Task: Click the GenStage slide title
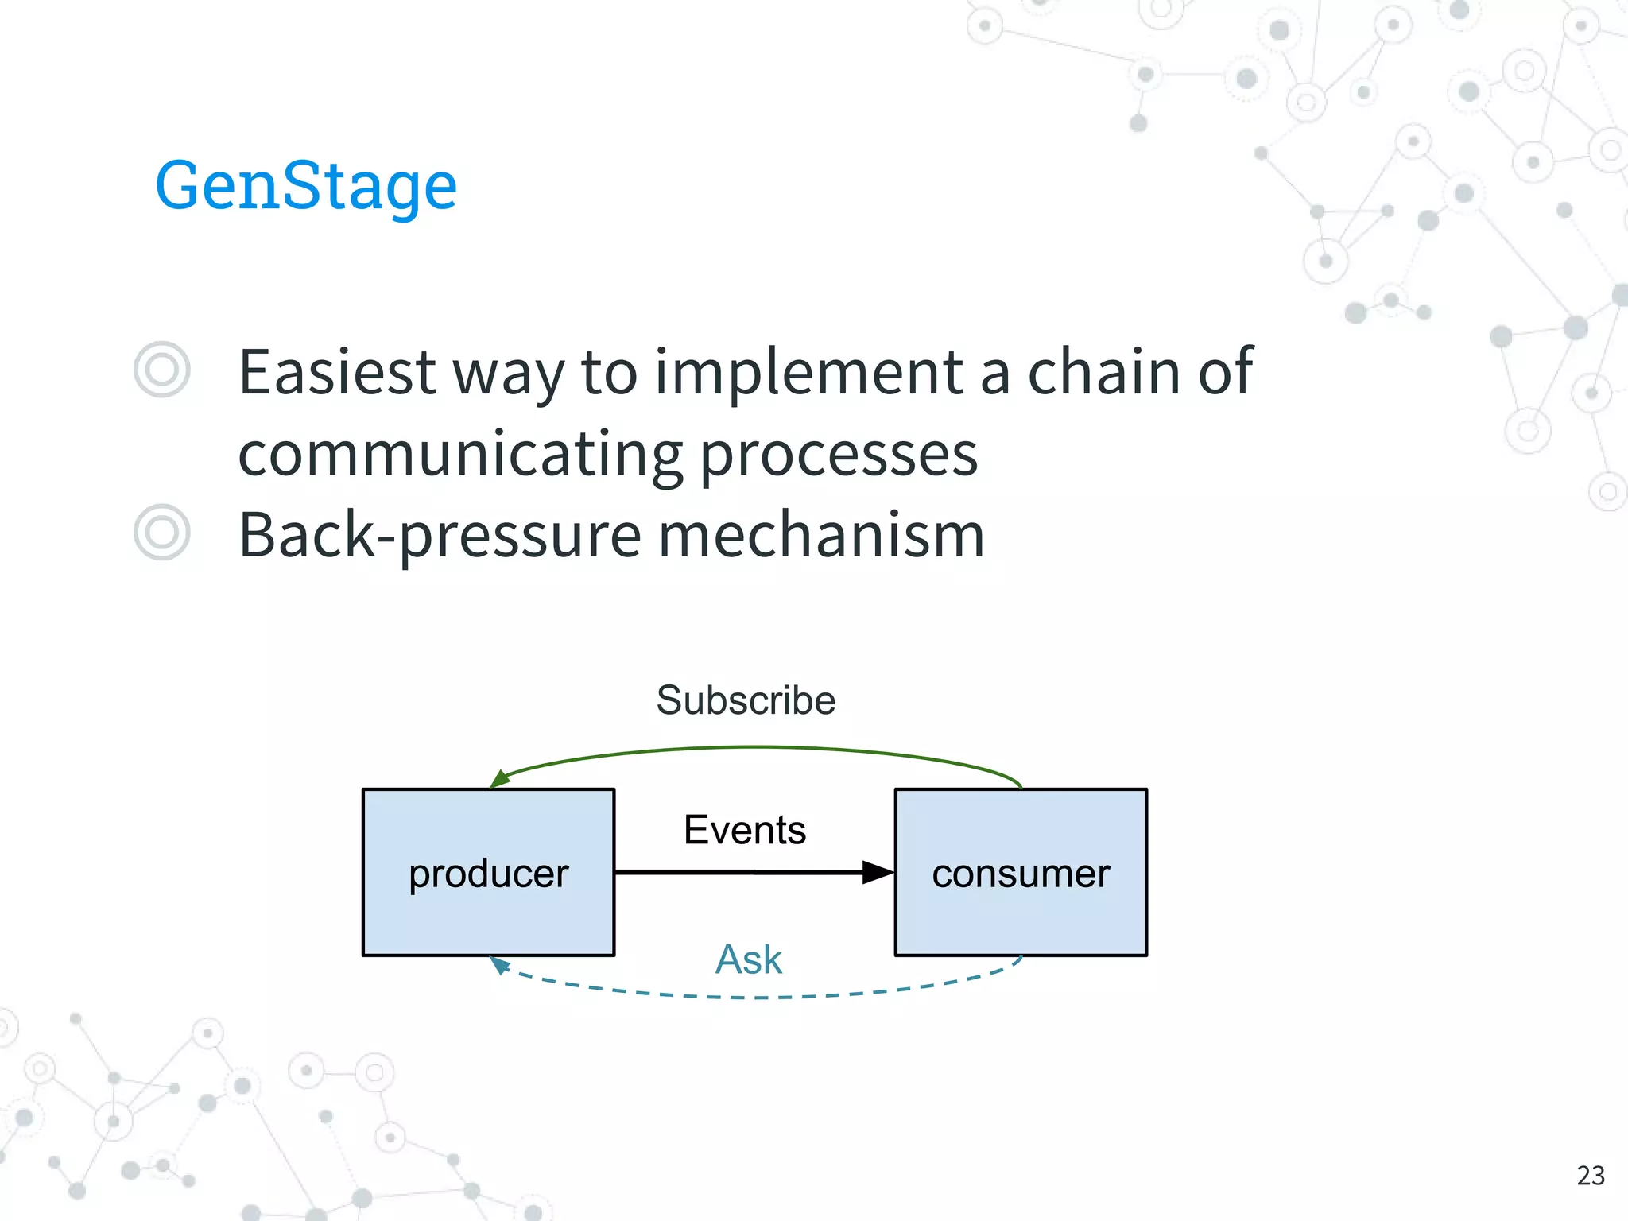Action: point(306,185)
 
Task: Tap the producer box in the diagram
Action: point(488,872)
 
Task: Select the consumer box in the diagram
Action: point(1021,872)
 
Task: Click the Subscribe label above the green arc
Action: point(746,700)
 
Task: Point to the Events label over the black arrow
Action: point(745,830)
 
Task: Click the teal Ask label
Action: point(748,959)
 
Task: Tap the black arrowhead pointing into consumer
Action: point(878,872)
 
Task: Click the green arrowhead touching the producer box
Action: point(500,780)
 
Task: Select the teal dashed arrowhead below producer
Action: point(499,965)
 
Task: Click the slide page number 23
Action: point(1591,1175)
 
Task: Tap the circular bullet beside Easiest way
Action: point(162,370)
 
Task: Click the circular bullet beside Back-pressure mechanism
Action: point(162,532)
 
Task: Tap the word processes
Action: point(839,455)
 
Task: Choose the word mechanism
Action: point(822,536)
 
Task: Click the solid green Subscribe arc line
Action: point(755,747)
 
